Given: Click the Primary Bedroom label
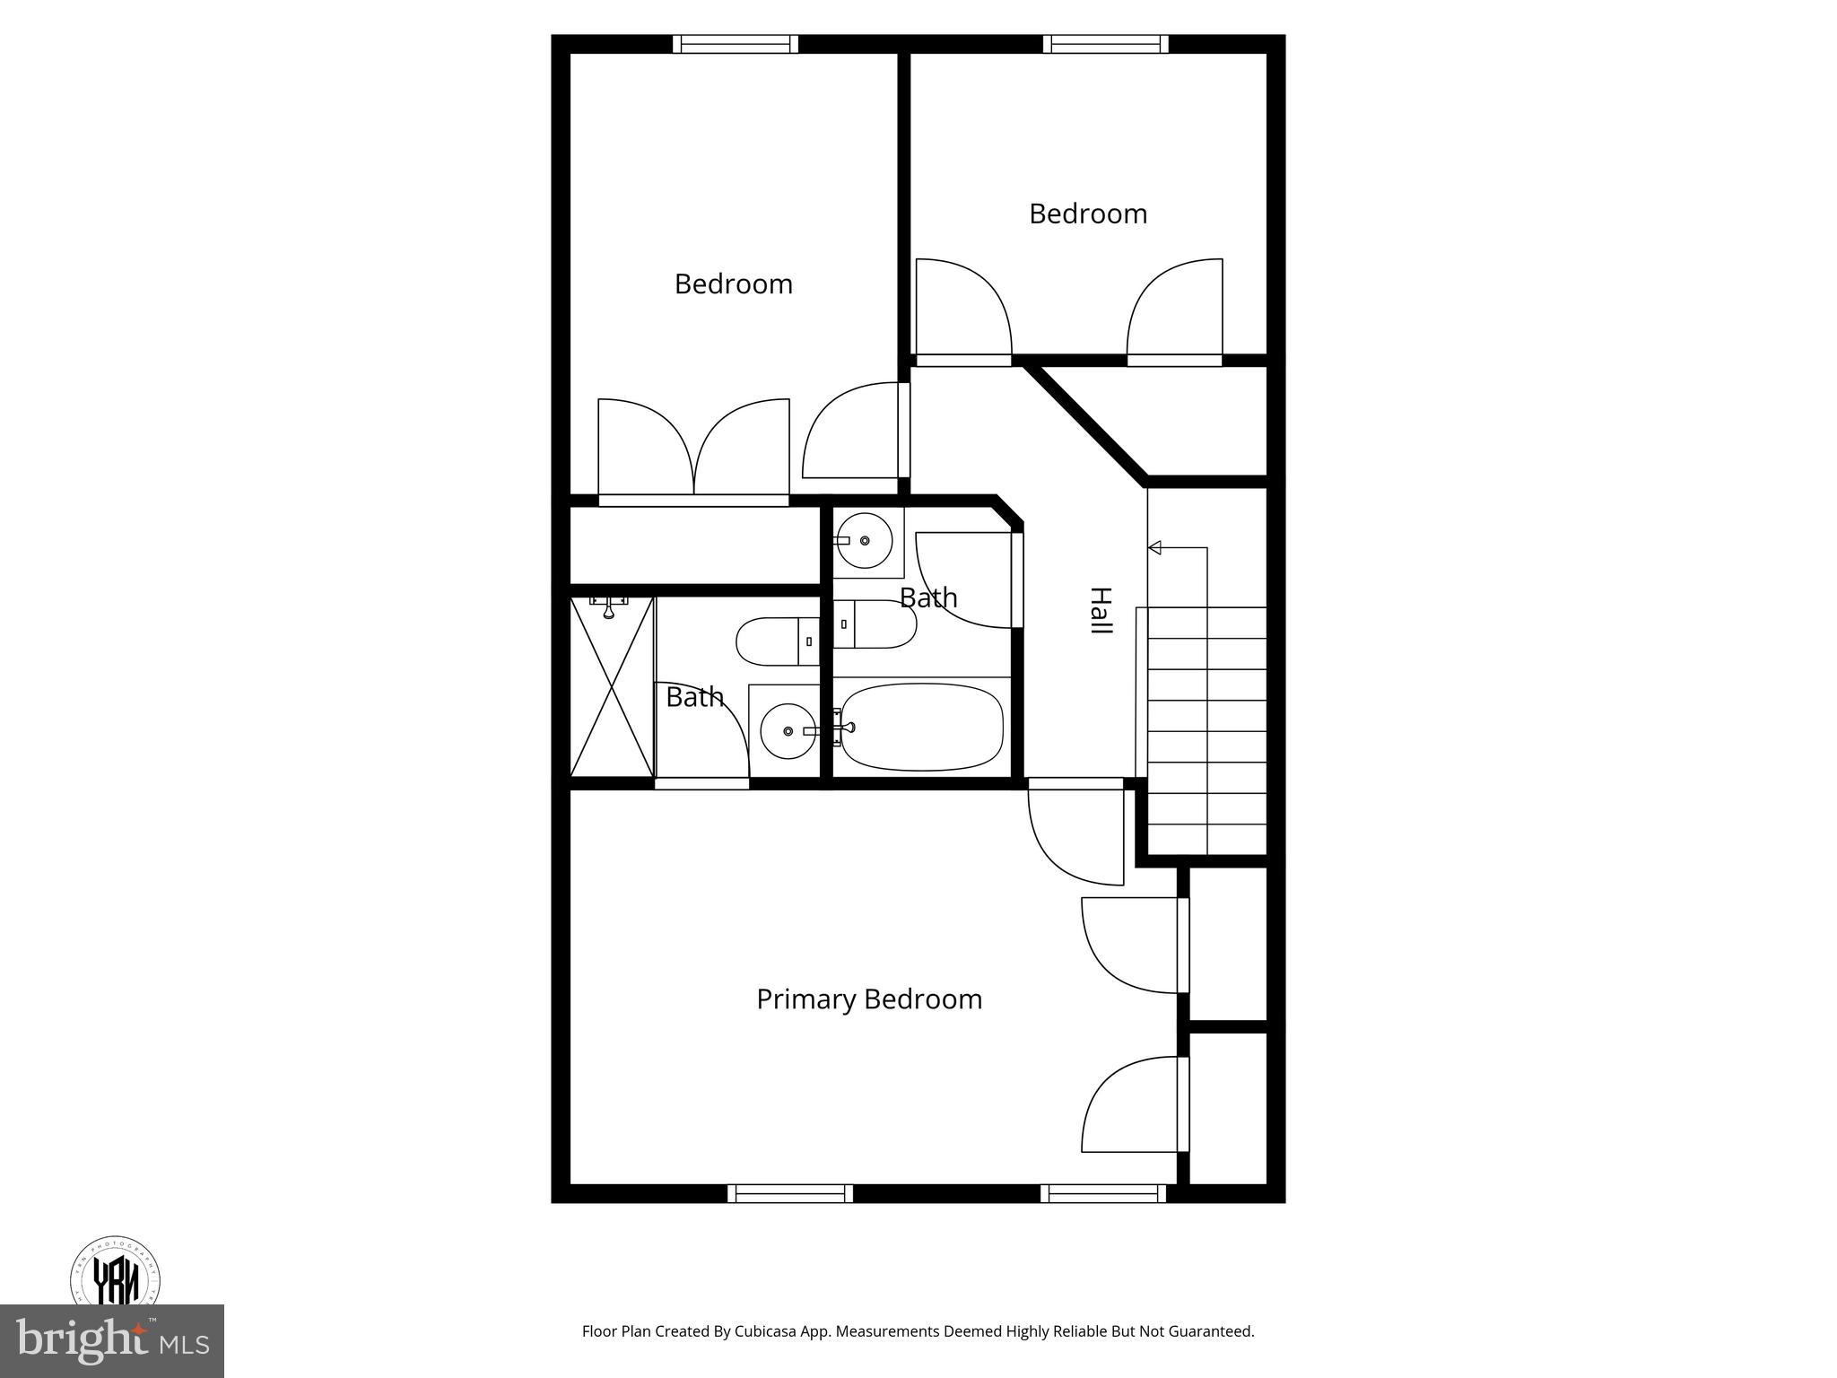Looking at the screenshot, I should [x=868, y=999].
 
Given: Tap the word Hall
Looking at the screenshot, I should [x=1101, y=611].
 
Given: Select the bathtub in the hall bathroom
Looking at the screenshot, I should [x=923, y=727].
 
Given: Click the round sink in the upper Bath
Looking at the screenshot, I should [x=865, y=540].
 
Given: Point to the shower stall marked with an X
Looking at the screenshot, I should [x=612, y=686].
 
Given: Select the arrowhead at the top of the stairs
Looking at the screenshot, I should [x=1155, y=547].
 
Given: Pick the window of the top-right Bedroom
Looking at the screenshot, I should [x=1106, y=44].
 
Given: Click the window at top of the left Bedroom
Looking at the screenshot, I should [x=736, y=44].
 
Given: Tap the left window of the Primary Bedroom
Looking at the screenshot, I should [x=789, y=1193].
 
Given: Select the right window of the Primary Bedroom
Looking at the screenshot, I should [x=1103, y=1193].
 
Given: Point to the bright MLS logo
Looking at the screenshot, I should [x=112, y=1340].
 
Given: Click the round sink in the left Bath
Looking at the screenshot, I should [x=788, y=731].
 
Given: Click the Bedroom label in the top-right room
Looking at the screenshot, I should [x=1087, y=214].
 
